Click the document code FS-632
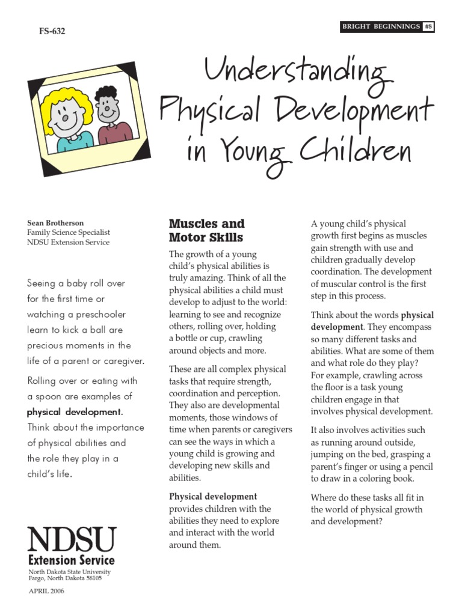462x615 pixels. click(x=52, y=32)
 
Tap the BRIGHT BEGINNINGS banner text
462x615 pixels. click(x=381, y=26)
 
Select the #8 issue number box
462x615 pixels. click(x=428, y=26)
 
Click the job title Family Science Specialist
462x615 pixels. click(x=68, y=232)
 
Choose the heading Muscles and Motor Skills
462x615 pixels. click(x=206, y=230)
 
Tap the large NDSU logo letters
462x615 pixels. click(x=72, y=540)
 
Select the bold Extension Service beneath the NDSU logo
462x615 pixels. click(x=72, y=560)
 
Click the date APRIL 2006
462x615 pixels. click(x=46, y=591)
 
